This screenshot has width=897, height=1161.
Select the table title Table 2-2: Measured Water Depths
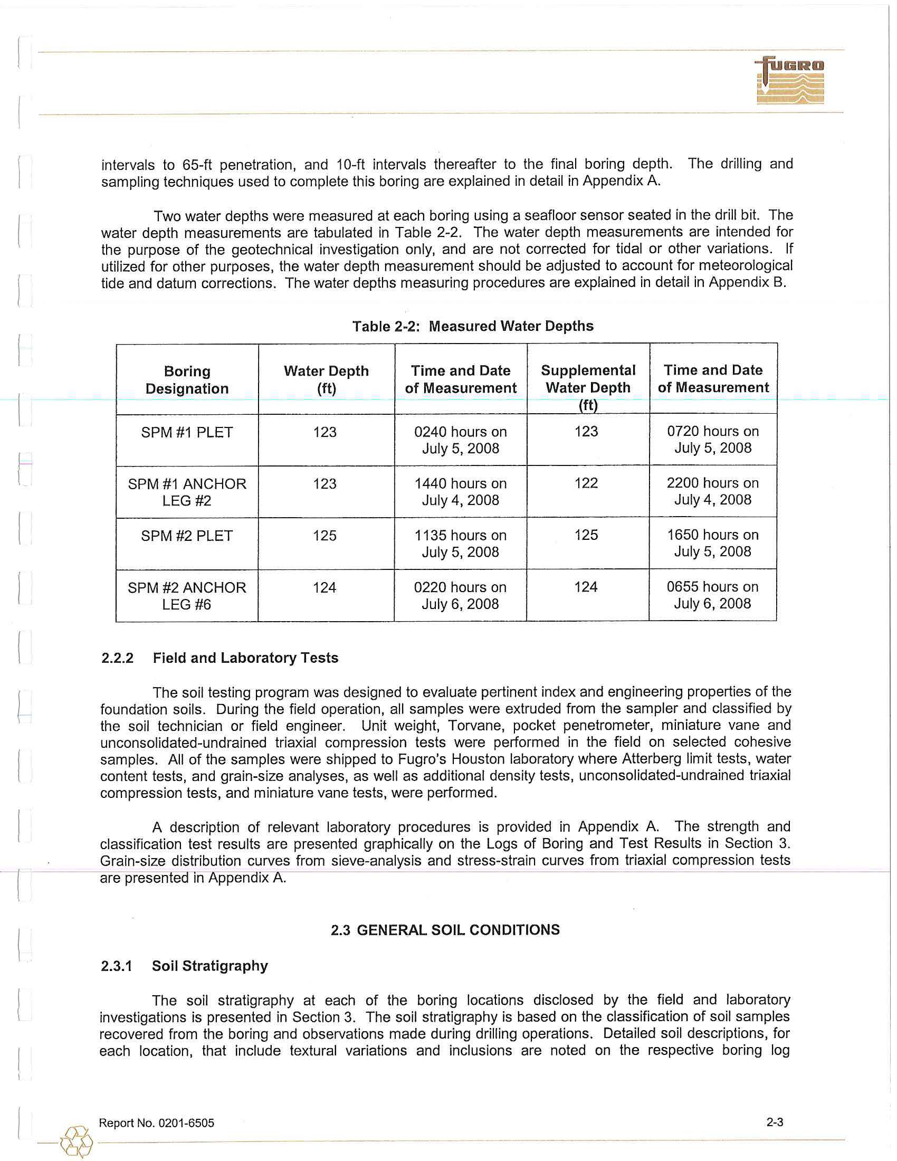[472, 326]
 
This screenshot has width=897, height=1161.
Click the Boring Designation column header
[187, 379]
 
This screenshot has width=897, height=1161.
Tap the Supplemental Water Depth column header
[588, 387]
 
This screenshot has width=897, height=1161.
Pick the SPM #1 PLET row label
[187, 432]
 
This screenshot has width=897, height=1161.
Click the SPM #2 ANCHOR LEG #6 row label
[187, 595]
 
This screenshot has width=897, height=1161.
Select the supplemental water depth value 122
[586, 483]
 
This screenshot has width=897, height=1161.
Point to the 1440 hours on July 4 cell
[460, 492]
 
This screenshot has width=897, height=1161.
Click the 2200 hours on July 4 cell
[713, 491]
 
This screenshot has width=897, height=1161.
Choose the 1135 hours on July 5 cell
[460, 543]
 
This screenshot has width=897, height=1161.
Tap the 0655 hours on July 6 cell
[713, 595]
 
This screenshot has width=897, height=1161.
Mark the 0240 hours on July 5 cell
[460, 440]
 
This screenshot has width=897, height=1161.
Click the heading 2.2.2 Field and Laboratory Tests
[220, 658]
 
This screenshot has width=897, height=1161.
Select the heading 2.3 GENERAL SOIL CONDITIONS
[445, 930]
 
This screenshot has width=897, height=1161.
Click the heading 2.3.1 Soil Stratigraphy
[184, 966]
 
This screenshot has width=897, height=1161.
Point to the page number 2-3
[775, 1122]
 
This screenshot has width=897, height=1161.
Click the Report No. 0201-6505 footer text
[156, 1123]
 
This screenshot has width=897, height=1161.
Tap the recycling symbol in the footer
[77, 1141]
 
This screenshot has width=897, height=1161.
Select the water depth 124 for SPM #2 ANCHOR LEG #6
[324, 587]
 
